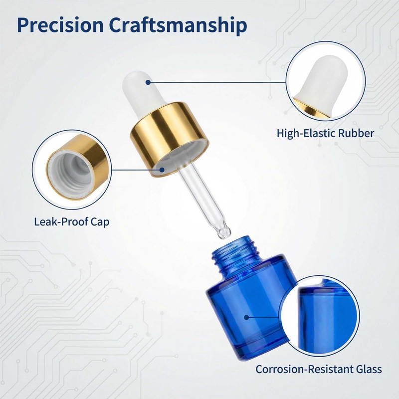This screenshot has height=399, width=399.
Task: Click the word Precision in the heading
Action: click(60, 25)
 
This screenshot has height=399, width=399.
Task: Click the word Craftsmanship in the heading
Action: click(178, 25)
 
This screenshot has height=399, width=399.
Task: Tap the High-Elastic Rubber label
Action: click(325, 133)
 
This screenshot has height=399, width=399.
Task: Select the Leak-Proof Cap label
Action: click(71, 221)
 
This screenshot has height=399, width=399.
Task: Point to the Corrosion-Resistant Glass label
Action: click(319, 369)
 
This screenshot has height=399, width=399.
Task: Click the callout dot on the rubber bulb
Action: click(148, 82)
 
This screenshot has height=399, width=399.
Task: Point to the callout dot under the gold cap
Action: click(162, 170)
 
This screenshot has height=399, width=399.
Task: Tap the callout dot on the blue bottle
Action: click(246, 317)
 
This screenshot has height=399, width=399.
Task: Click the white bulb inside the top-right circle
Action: click(323, 84)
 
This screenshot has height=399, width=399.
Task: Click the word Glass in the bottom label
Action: click(368, 369)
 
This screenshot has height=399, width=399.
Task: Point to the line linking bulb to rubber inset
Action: click(217, 82)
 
